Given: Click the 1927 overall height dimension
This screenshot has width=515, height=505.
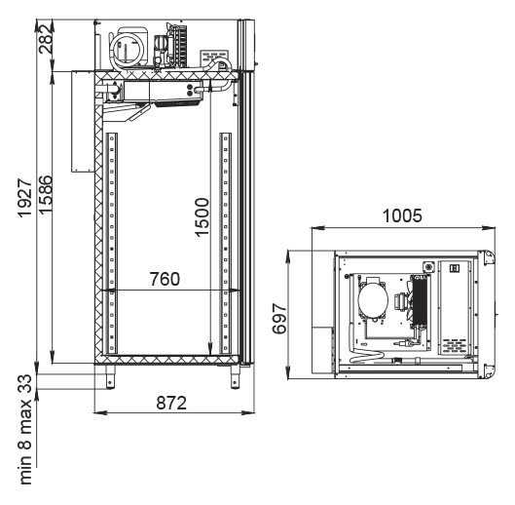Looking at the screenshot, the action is pos(25,198).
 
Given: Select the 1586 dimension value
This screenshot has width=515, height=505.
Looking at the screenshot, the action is pos(46,195).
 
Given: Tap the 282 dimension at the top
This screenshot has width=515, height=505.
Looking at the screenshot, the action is pos(46,39).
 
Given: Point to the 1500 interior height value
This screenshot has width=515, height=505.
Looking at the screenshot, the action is pos(202,217).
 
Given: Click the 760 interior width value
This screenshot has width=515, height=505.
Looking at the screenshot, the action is pos(165,279).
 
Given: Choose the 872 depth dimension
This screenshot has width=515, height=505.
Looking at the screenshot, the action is pos(171,403).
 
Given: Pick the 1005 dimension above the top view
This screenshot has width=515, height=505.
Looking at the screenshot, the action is pos(402,215).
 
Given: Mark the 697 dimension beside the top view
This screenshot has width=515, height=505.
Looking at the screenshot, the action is pos(279,318).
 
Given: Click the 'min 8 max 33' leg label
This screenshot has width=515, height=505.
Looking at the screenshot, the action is pos(25,429).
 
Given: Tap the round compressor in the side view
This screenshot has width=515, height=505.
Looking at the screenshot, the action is pos(128,49).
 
